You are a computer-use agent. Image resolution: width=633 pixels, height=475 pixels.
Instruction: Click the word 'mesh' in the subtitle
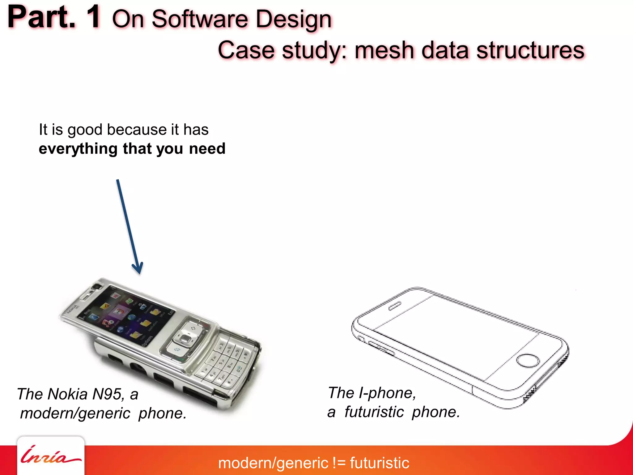pos(384,50)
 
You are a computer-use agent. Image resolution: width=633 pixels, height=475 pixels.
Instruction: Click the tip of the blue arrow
pos(139,273)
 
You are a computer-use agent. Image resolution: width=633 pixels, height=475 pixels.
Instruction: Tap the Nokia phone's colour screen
pos(127,315)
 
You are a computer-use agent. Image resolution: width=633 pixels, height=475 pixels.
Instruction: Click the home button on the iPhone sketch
pos(528,360)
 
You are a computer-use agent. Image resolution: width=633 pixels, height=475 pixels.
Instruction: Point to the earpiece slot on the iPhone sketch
pos(395,306)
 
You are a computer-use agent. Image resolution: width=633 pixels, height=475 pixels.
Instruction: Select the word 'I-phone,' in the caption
pos(387,393)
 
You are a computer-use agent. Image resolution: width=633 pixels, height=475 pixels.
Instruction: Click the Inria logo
pos(50,456)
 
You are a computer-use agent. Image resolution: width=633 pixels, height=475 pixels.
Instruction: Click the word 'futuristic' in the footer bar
pos(380,463)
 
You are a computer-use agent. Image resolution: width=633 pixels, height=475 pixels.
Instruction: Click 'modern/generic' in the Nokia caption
pos(75,413)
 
